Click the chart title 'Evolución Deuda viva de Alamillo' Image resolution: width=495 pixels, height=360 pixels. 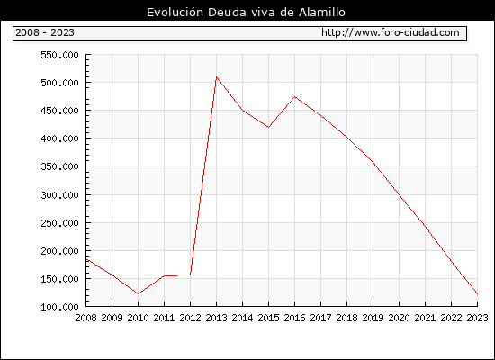246,13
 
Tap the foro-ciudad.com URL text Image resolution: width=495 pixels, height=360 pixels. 391,32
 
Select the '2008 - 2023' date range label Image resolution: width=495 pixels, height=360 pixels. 45,32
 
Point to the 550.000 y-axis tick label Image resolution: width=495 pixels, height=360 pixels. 59,55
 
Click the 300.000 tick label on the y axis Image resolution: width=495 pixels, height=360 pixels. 59,195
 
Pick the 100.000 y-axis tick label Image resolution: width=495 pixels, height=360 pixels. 59,307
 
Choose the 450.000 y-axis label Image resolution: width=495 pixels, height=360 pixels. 59,111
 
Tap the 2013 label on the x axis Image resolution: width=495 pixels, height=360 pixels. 216,318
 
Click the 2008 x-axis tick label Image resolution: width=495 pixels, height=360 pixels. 85,318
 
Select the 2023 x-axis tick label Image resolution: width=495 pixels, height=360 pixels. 477,318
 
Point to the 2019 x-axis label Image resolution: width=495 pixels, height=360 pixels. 373,318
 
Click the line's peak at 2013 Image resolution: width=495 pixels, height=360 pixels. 216,77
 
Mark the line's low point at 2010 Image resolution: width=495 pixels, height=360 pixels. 138,294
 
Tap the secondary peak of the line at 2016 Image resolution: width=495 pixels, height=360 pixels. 294,96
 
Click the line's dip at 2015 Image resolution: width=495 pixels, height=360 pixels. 268,127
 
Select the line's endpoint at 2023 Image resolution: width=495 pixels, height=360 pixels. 477,294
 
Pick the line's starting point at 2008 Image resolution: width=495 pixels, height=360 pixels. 86,259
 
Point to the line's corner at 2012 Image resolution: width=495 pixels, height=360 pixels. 190,274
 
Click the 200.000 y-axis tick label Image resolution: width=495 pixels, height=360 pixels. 59,251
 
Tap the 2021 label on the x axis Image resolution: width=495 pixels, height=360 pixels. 425,318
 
